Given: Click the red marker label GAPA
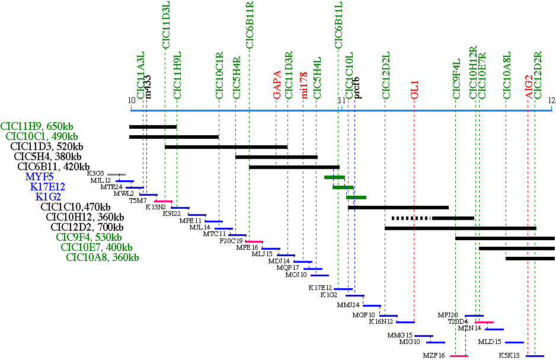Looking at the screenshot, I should point(276,87).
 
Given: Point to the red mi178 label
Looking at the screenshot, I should point(304,87).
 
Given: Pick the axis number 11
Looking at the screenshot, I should point(341,100).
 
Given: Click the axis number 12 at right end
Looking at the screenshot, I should point(551,100).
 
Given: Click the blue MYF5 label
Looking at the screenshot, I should point(39,177).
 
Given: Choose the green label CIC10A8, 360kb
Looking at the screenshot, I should point(103,257).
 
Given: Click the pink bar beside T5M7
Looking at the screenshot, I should point(163,201).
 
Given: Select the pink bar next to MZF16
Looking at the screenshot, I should point(459,356).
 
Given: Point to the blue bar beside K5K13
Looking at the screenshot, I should point(534,356).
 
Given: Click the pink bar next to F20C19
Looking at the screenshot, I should point(254,241).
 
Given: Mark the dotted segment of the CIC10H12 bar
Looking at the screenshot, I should point(411,218).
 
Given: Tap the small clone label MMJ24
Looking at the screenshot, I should point(349,305).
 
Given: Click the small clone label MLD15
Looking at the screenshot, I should point(490,342).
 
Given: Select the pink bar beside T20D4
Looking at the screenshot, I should point(484,322).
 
